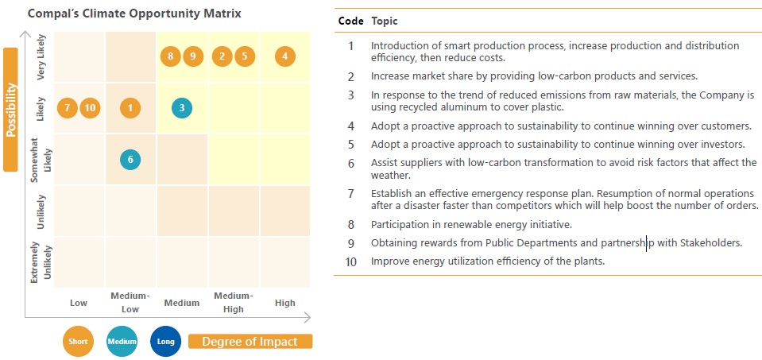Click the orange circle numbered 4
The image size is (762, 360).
pos(284,56)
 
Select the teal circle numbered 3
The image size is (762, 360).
pos(182,108)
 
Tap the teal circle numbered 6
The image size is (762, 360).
pos(130,160)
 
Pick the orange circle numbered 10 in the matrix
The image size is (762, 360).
pos(90,108)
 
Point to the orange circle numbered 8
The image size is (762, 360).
pos(171,56)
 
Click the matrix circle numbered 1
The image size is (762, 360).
pos(130,108)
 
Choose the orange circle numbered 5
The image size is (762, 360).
pos(245,56)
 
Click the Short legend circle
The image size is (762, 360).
pos(78,342)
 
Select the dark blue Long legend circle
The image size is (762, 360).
pos(166,342)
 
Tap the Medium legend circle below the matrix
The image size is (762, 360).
pos(122,342)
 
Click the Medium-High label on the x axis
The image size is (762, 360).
pos(234,303)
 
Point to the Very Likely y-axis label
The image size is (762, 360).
pos(41,57)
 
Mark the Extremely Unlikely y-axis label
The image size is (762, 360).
pos(41,261)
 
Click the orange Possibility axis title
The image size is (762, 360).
pos(10,110)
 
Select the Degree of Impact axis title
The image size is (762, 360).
pos(249,342)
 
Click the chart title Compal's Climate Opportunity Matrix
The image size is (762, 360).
pos(134,14)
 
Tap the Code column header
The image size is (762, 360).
pos(351,21)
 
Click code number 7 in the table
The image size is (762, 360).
pos(351,193)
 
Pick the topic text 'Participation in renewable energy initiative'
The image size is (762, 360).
pos(471,224)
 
